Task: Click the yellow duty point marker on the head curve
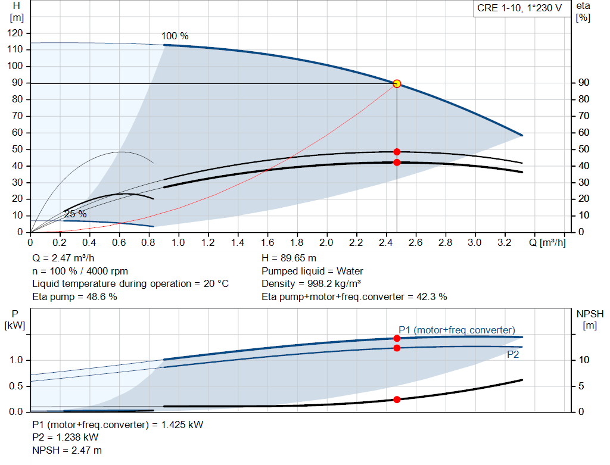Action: coord(397,84)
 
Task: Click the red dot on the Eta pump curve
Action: coord(397,152)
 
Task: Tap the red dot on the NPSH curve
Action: coord(397,400)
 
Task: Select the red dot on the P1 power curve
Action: coord(397,338)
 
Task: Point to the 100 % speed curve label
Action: coord(175,36)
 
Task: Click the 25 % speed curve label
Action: coord(75,214)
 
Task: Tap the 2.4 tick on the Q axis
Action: coord(385,243)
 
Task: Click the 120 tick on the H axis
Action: coord(17,33)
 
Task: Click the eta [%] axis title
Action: coord(583,11)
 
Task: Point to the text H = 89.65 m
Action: coord(289,258)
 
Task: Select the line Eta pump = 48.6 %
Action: coord(74,297)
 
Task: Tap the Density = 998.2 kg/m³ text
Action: coord(312,283)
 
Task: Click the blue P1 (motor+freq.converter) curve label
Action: coord(457,330)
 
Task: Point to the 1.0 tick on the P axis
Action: coord(17,360)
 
